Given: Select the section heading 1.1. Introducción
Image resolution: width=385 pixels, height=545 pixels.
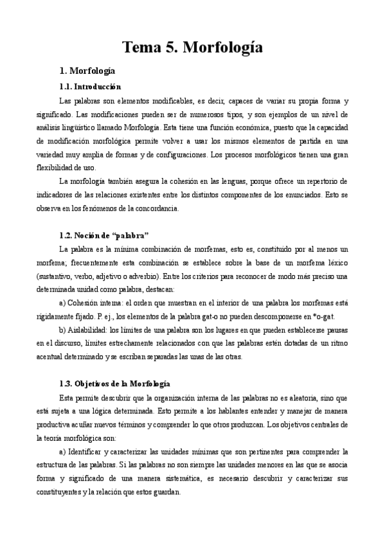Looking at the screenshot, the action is [89, 86].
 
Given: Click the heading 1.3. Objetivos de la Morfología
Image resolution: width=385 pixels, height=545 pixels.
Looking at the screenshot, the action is [114, 383].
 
